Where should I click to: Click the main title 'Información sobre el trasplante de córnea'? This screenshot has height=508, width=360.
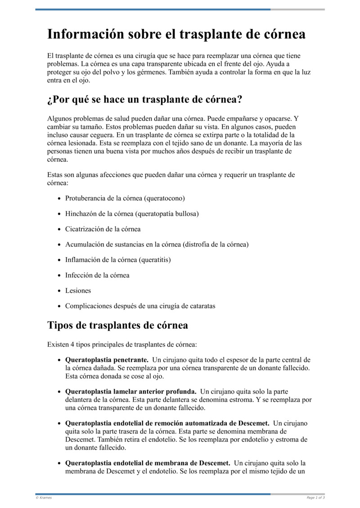(176, 35)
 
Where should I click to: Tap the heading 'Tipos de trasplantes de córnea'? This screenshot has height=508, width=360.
(117, 325)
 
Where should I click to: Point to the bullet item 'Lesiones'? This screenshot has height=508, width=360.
(78, 290)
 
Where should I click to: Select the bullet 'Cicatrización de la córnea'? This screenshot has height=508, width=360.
(103, 229)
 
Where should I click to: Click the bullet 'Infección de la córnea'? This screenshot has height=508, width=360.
(97, 275)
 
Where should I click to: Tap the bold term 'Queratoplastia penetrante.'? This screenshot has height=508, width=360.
(107, 360)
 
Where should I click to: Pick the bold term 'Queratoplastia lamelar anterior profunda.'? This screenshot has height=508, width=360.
(130, 392)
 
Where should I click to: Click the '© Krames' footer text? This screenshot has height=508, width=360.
(44, 498)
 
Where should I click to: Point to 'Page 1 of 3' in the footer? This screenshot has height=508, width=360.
(315, 498)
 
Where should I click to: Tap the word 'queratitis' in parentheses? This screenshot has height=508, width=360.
(155, 260)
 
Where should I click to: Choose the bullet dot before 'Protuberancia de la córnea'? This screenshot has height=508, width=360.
(60, 198)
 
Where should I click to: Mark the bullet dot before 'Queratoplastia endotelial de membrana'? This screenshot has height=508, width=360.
(60, 463)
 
